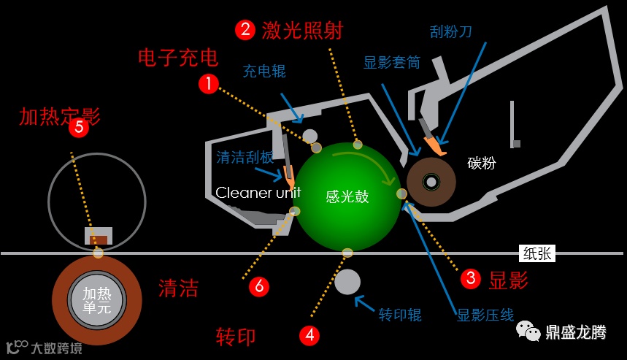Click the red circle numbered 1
click(x=209, y=84)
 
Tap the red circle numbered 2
click(x=245, y=29)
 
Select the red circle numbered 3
click(x=471, y=278)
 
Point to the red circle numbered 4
click(x=310, y=335)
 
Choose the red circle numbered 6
click(x=259, y=286)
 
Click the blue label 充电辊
click(x=264, y=71)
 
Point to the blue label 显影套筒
click(x=392, y=63)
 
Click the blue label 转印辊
click(x=400, y=315)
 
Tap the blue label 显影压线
click(x=485, y=315)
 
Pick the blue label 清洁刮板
click(x=245, y=157)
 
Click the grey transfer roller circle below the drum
click(x=347, y=282)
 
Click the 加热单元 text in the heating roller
click(x=96, y=299)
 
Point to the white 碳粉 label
click(x=481, y=162)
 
